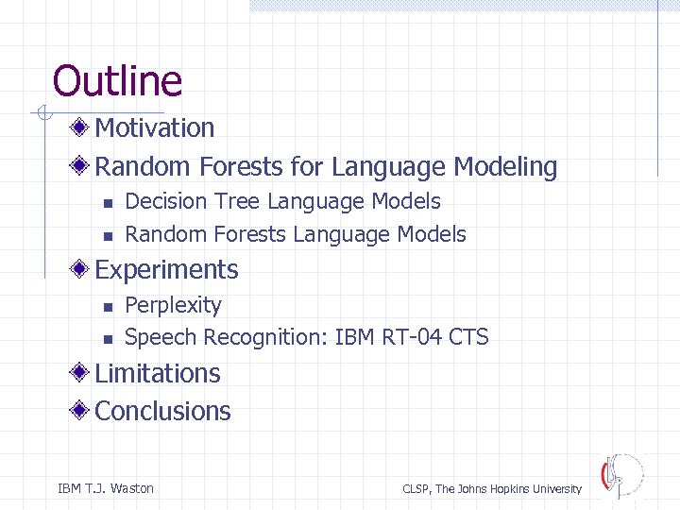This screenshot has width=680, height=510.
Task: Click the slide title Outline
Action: tap(117, 80)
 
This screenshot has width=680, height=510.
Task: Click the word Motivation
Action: tap(155, 127)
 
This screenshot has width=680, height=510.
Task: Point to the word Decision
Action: tap(166, 201)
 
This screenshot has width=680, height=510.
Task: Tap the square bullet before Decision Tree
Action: tap(108, 203)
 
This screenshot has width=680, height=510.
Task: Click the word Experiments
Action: tap(167, 270)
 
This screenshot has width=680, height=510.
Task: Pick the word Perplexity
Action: tap(173, 306)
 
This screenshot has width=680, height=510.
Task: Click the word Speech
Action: tap(161, 337)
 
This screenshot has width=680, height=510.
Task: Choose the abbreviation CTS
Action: tap(469, 337)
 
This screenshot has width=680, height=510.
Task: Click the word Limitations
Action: tap(158, 373)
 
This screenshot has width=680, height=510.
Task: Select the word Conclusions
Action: tap(163, 411)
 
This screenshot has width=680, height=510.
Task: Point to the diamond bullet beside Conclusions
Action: tap(83, 411)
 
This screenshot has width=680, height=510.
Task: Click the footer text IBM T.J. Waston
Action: tap(106, 488)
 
